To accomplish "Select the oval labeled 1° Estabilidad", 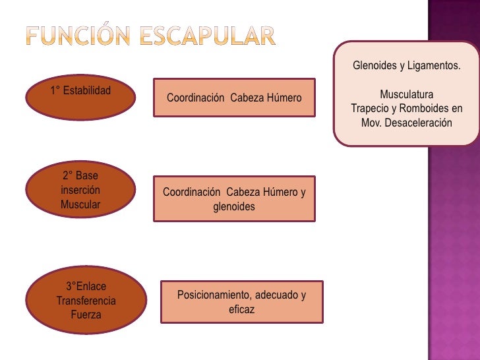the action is point(80,100).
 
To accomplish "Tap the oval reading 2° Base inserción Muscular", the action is point(80,191).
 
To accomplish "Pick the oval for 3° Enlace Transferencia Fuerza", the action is point(86,300).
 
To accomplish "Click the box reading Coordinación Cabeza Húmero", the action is point(234,98).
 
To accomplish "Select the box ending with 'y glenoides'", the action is point(234,199).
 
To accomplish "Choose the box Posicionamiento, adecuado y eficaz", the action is point(241,302).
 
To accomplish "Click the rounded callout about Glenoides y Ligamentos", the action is point(406,94).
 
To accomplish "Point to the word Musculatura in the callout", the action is point(406,95).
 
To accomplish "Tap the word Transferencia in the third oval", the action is point(86,301).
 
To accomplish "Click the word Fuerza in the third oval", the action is point(86,315).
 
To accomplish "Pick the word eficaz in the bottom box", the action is point(241,309).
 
